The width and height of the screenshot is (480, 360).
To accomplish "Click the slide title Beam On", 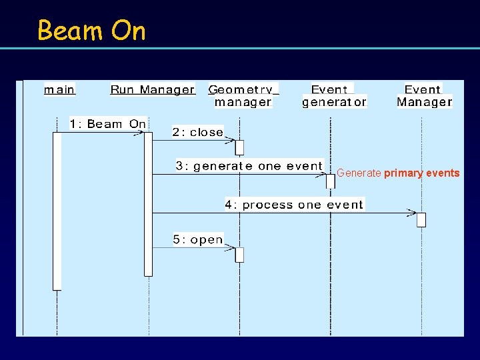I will (91, 31).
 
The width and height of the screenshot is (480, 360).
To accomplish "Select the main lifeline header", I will (59, 89).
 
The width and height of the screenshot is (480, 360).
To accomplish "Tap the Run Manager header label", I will (152, 89).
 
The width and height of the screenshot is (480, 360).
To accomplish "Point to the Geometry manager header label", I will (243, 95).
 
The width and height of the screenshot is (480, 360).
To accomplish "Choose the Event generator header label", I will (334, 95).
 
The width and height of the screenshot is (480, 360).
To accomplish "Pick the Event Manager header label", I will (424, 95).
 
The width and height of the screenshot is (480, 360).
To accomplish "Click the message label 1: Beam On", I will (107, 124).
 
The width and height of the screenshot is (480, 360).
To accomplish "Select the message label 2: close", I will (197, 132).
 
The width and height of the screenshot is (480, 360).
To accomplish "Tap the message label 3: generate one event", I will (249, 166).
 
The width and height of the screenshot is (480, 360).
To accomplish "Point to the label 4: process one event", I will (294, 205).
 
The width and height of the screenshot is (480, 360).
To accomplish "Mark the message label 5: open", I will (197, 239).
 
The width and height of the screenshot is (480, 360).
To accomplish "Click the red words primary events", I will (421, 173).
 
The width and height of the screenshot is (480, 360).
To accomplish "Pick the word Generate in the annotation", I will (359, 173).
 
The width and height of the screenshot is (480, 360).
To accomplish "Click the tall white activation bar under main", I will (57, 211).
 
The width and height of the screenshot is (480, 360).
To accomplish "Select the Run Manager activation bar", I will (148, 203).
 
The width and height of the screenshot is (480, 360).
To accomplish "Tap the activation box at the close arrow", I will (239, 147).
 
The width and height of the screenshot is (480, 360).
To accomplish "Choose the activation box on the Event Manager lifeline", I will (421, 220).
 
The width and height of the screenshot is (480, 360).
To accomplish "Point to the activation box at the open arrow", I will (239, 255).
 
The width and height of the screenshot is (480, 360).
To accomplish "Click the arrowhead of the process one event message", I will (411, 213).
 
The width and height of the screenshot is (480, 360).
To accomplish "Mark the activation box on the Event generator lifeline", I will (330, 181).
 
